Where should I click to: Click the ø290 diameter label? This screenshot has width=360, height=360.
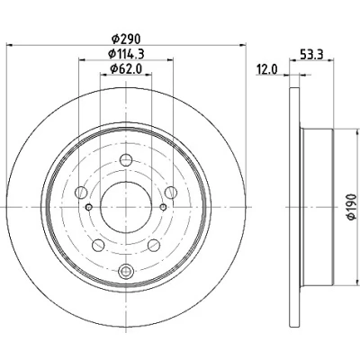[126, 39]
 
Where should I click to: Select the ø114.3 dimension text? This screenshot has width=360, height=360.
[126, 54]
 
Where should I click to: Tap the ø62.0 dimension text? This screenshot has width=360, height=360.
[126, 69]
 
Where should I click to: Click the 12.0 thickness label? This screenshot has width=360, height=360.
[266, 69]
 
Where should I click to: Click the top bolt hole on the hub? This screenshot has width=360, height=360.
[126, 160]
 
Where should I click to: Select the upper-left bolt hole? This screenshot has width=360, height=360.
[81, 193]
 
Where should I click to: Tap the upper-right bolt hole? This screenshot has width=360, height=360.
[171, 193]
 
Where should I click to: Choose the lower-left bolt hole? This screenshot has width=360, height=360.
[98, 245]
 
